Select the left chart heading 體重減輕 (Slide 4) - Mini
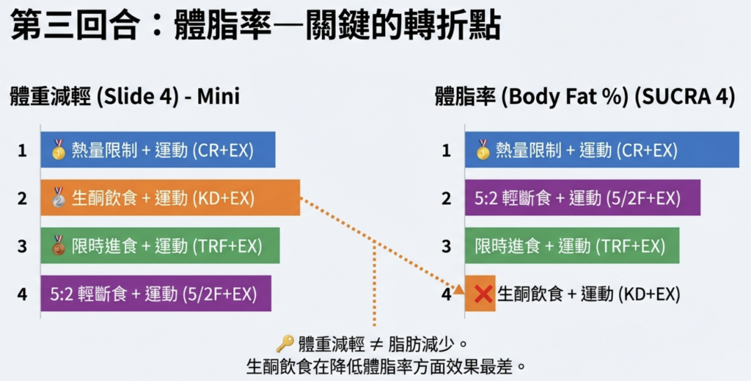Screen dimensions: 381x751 point(125,98)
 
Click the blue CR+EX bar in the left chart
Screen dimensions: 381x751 point(158,150)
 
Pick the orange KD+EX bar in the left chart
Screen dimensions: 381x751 point(170,197)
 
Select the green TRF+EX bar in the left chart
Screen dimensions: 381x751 point(160,245)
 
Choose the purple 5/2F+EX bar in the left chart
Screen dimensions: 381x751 point(155,293)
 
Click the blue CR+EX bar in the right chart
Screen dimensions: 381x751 point(601,150)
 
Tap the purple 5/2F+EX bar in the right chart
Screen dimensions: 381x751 point(582,197)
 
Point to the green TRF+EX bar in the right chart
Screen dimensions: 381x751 point(571,245)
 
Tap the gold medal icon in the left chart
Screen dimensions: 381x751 point(59,150)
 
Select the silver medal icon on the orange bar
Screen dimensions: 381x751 point(59,197)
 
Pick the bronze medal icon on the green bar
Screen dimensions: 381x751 point(59,244)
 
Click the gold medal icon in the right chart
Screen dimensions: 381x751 point(483,150)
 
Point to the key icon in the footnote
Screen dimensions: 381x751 point(285,344)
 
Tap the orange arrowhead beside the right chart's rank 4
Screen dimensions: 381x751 point(459,289)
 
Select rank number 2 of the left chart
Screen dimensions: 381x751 point(22,197)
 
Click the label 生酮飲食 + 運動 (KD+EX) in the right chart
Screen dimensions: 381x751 point(589,294)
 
